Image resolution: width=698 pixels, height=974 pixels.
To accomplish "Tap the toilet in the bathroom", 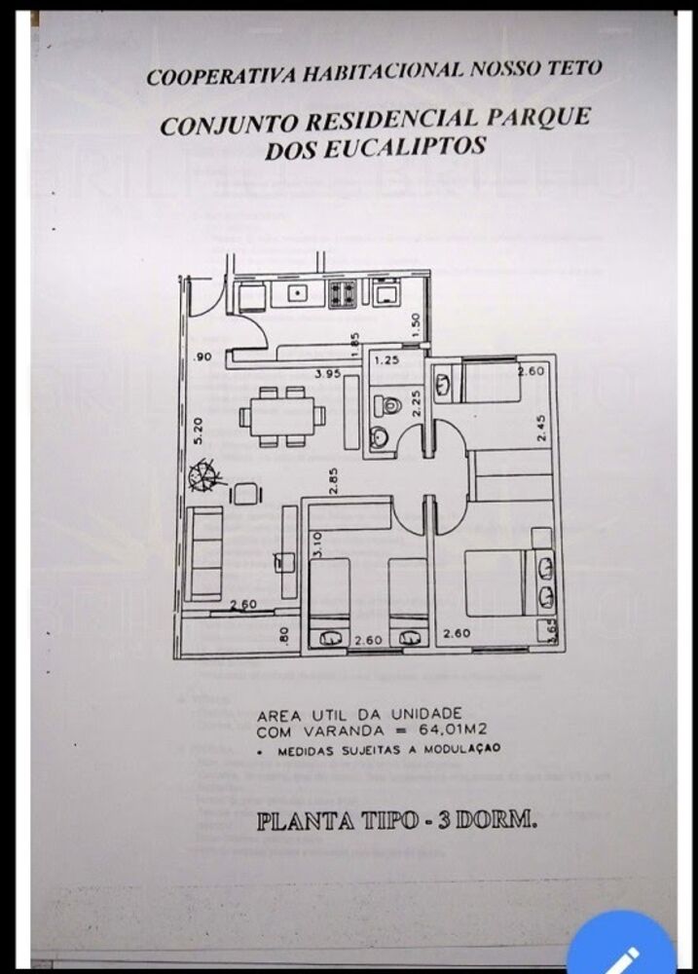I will tap(390, 405).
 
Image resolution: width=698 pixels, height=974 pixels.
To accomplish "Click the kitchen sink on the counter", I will tap(294, 291).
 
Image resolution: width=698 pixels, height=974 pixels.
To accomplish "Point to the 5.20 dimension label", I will tap(200, 430).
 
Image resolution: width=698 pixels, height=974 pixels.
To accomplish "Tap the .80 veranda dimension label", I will tap(282, 634).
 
